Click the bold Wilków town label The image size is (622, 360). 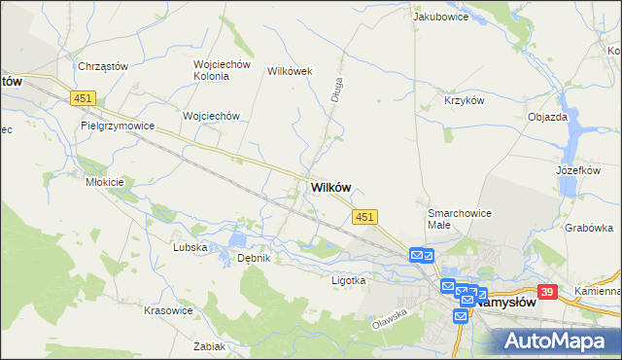tap(330, 188)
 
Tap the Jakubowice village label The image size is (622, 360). tap(441, 17)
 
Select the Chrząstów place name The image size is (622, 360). tap(102, 66)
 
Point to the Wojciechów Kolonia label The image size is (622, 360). tap(223, 71)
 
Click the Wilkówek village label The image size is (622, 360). tap(288, 71)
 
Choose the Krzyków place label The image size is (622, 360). tap(464, 100)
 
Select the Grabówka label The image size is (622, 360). tap(589, 228)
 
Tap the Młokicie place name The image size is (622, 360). tap(104, 182)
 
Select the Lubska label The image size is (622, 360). tap(190, 247)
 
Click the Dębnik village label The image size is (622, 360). tap(254, 258)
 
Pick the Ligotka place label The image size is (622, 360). tap(347, 280)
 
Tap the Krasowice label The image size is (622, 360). tap(165, 309)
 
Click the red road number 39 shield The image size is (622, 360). tap(548, 292)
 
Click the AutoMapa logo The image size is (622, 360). tap(558, 340)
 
